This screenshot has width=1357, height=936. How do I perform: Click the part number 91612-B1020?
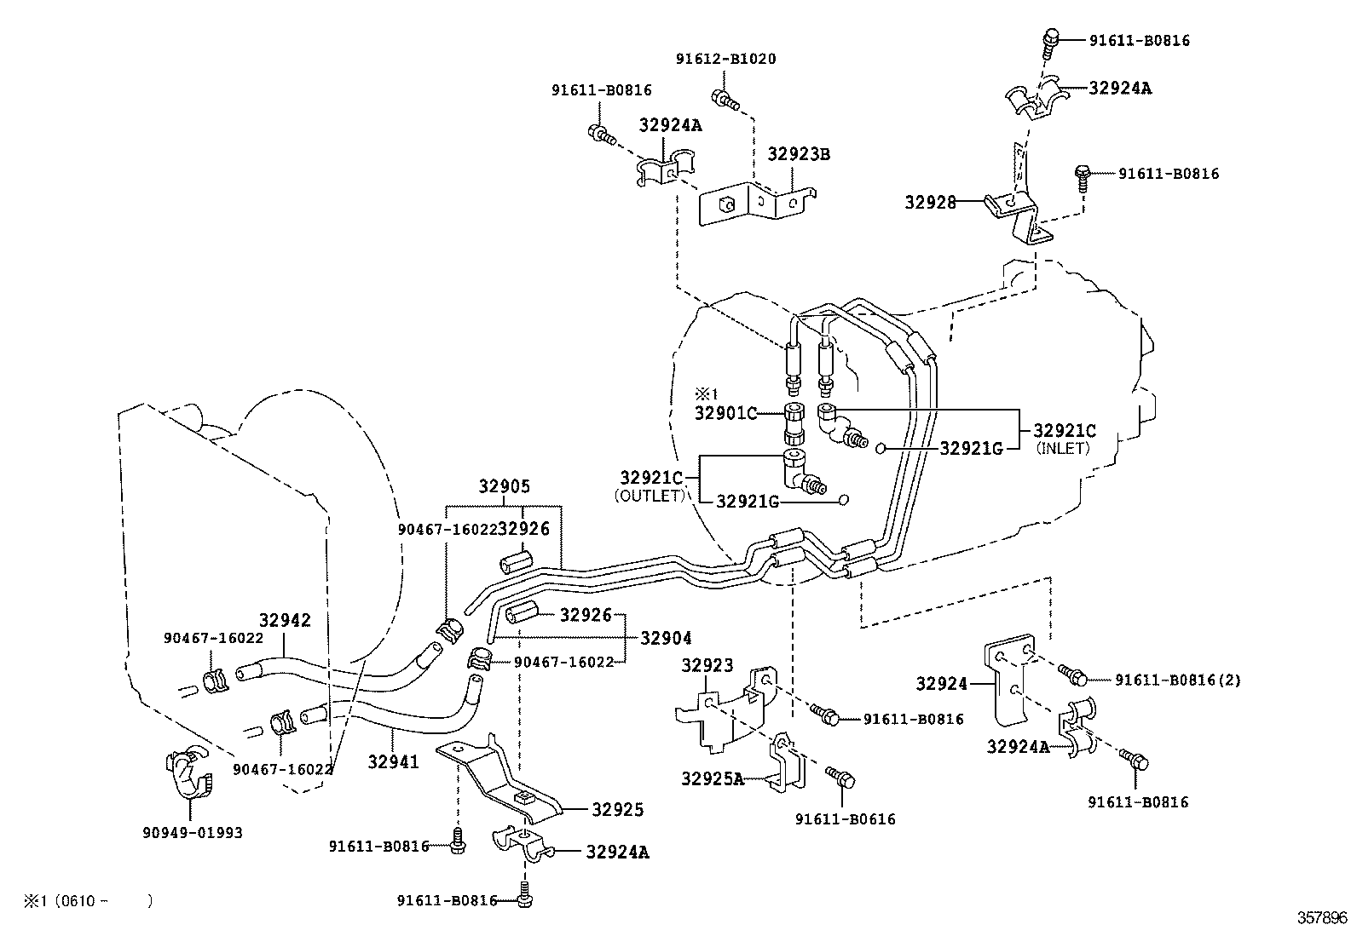point(725,59)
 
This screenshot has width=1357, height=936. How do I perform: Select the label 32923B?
point(799,154)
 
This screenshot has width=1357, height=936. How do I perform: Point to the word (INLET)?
point(1063,448)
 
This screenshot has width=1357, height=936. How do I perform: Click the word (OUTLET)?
point(650,495)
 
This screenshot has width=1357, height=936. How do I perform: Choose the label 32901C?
point(725,413)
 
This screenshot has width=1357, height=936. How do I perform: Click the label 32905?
point(504,487)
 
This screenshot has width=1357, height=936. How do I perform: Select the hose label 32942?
point(285,620)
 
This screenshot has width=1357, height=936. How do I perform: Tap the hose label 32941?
point(393,761)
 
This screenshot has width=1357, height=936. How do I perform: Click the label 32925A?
point(712,778)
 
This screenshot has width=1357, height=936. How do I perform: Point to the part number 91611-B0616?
point(845,819)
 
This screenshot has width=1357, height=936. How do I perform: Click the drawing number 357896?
point(1323,918)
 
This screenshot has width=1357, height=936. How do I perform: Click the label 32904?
point(666,638)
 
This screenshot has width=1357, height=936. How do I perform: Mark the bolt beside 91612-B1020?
point(722,100)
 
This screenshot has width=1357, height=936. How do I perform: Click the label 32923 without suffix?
point(707,665)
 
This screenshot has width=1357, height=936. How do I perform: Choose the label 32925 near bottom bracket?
point(618,809)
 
